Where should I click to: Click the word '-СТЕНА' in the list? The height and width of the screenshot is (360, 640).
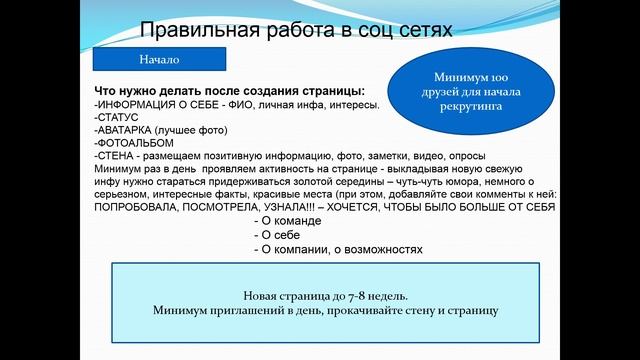(115, 156)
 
